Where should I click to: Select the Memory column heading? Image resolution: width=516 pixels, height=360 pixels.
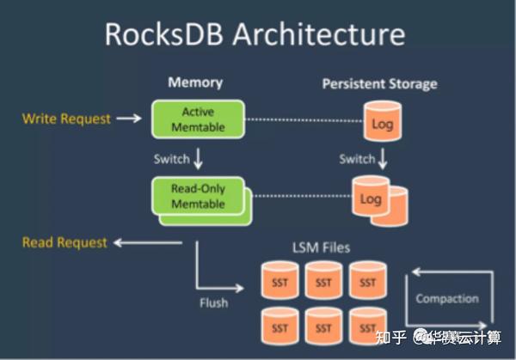click(194, 82)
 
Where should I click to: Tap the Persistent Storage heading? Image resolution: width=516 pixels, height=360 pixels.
click(379, 83)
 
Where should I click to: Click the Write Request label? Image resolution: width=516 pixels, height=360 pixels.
click(66, 119)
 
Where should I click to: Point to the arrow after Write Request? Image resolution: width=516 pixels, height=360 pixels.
click(128, 119)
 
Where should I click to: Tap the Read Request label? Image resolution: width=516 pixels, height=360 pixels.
click(64, 242)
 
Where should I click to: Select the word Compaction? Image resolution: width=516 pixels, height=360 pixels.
click(446, 299)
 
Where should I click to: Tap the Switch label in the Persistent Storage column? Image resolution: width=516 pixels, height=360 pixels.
click(356, 158)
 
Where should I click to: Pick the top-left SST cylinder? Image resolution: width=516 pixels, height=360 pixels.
click(279, 282)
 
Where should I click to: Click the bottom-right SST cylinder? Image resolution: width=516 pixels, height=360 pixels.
click(368, 327)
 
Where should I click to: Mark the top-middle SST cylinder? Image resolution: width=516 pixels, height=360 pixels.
click(323, 282)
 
